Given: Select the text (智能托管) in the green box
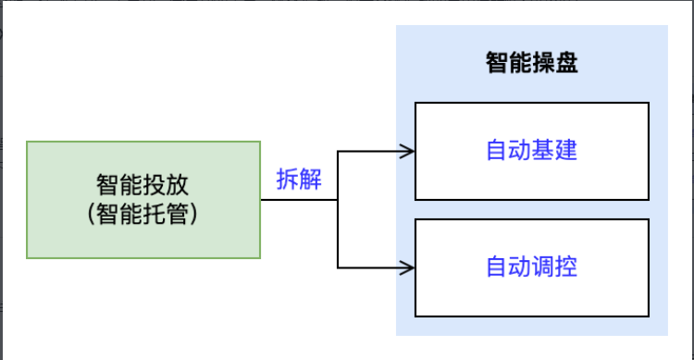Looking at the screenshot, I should (143, 215).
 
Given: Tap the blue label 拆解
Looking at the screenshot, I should (299, 180).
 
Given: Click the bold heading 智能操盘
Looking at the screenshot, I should (531, 63).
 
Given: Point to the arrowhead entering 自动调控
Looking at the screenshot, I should (406, 267).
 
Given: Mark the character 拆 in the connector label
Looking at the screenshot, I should (288, 180).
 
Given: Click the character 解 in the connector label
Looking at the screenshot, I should (311, 180).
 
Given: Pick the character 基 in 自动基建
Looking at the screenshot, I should (543, 151).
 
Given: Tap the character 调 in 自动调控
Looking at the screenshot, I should (543, 267).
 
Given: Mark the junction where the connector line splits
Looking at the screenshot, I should (338, 199).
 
